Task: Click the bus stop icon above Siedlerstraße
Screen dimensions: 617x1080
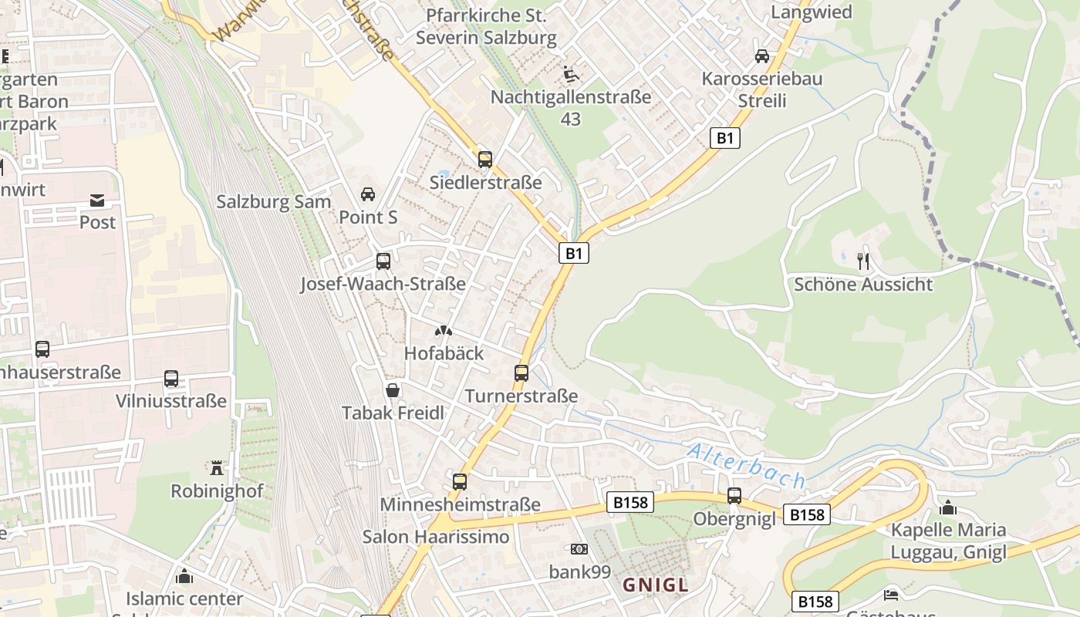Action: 484,160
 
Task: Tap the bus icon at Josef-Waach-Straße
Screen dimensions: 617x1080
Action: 383,261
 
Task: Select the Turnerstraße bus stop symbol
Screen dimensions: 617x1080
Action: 521,373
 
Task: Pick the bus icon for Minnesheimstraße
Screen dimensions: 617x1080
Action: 460,482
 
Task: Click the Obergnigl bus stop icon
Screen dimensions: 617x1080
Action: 734,496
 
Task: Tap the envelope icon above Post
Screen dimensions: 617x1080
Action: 97,201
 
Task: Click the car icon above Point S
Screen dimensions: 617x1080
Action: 368,194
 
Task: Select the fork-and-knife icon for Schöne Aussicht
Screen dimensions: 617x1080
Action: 863,261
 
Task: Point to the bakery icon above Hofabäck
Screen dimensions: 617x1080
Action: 443,332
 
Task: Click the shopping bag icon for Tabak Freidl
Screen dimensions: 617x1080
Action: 393,391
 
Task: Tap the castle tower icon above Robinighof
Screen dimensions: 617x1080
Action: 216,468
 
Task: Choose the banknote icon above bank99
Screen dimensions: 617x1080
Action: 579,549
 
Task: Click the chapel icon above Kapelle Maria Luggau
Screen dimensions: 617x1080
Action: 948,507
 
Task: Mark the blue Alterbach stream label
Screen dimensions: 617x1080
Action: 746,466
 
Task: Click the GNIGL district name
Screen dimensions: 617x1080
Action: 655,585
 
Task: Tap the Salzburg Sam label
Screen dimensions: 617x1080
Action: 273,202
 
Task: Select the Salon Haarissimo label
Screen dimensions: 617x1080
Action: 436,536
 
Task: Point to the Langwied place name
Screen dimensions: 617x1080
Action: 812,12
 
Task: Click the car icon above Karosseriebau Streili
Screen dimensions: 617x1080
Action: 761,56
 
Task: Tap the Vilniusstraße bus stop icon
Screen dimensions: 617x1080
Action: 171,379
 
